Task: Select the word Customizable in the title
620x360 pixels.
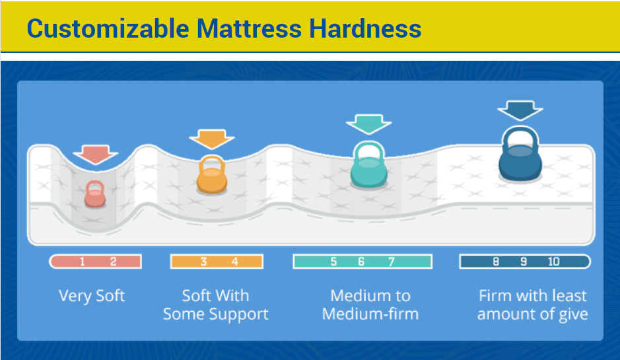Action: pyautogui.click(x=108, y=29)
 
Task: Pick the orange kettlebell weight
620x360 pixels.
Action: pyautogui.click(x=212, y=175)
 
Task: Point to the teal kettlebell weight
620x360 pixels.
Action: pyautogui.click(x=368, y=164)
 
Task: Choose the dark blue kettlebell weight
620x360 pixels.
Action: pyautogui.click(x=519, y=156)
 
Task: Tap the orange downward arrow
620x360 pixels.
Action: pyautogui.click(x=212, y=138)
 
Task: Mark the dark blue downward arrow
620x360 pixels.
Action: pyautogui.click(x=520, y=109)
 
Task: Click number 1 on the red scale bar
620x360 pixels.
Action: pyautogui.click(x=82, y=262)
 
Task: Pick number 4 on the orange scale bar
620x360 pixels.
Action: pyautogui.click(x=234, y=262)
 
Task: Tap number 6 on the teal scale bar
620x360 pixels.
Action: pyautogui.click(x=361, y=262)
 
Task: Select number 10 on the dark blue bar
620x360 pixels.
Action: pyautogui.click(x=553, y=262)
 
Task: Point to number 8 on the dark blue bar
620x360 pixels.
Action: pyautogui.click(x=496, y=262)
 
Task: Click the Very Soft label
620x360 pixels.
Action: pyautogui.click(x=92, y=295)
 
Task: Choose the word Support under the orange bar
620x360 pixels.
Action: pyautogui.click(x=242, y=314)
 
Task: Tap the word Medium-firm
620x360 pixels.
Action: pyautogui.click(x=370, y=314)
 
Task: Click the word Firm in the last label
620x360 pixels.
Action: pyautogui.click(x=495, y=295)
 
